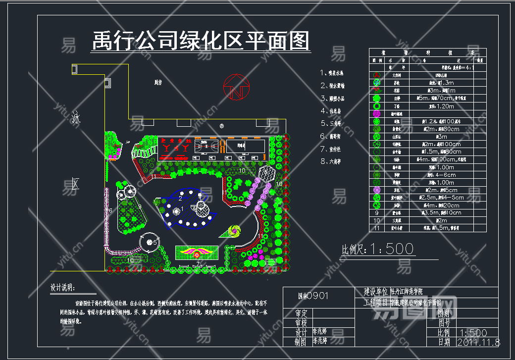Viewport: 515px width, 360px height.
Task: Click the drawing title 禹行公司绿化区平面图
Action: pyautogui.click(x=201, y=41)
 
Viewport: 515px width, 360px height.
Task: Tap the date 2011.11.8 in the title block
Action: pyautogui.click(x=479, y=342)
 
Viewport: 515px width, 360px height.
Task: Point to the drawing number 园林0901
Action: pyautogui.click(x=313, y=296)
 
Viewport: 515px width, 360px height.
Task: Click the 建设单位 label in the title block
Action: pyautogui.click(x=376, y=291)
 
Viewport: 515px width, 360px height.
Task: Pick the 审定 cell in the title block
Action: pyautogui.click(x=302, y=313)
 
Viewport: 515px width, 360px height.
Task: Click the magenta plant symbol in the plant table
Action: pyautogui.click(x=377, y=113)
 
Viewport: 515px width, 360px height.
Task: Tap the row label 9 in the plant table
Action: pyautogui.click(x=377, y=213)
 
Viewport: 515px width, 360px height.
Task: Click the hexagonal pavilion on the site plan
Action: pyautogui.click(x=267, y=173)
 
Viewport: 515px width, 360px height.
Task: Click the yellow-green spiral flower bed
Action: pyautogui.click(x=232, y=231)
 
